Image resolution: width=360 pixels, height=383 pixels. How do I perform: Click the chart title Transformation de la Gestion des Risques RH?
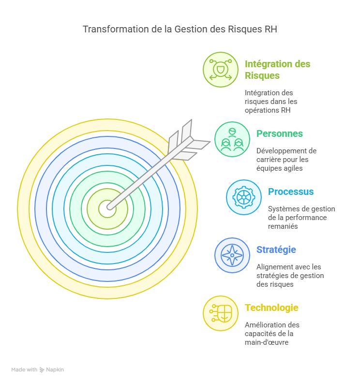180,29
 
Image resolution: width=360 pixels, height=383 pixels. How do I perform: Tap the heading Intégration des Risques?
277,70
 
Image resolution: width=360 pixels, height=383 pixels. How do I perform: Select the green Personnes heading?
280,133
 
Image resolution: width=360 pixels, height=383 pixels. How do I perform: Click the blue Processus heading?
291,191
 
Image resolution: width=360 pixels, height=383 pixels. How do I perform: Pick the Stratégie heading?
276,250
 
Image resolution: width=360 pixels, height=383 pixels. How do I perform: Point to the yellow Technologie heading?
271,308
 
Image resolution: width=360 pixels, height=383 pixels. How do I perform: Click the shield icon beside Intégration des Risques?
220,70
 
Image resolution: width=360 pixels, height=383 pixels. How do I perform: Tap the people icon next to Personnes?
232,139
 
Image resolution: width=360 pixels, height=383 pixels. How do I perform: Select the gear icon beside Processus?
243,197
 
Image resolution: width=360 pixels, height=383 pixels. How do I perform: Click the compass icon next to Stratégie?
232,255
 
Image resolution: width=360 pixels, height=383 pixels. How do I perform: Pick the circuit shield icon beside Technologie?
220,313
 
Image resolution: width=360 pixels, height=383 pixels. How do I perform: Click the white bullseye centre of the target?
107,209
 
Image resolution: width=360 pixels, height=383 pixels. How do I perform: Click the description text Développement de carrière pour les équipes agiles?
286,160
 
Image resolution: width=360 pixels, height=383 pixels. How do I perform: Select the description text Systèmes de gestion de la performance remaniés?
301,218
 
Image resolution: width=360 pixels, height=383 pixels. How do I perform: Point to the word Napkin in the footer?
55,369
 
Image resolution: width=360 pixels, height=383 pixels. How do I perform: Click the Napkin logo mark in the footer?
42,369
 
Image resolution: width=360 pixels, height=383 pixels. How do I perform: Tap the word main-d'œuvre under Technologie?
267,343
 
